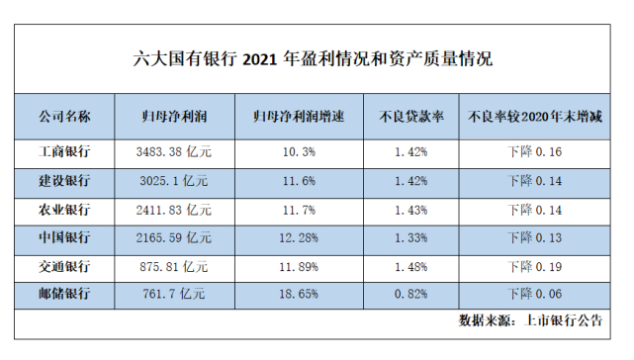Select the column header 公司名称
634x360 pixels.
click(x=65, y=117)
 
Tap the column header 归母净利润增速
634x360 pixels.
click(x=299, y=117)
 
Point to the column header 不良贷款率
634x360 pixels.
click(x=409, y=117)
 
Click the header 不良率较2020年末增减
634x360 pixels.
click(x=535, y=117)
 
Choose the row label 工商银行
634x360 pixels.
click(x=65, y=152)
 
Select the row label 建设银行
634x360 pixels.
click(x=65, y=181)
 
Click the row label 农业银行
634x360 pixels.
click(x=65, y=210)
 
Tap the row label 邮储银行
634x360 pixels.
click(x=65, y=294)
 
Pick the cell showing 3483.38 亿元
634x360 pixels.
click(x=174, y=152)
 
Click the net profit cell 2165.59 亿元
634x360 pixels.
click(x=174, y=238)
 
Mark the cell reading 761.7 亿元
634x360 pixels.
click(x=174, y=294)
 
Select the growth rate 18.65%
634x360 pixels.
click(x=299, y=294)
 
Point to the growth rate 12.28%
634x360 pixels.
click(x=299, y=238)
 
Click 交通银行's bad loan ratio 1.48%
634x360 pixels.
click(x=409, y=266)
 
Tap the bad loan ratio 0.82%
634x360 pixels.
click(x=409, y=294)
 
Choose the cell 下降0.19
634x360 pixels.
click(x=535, y=266)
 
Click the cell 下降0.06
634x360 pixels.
click(x=535, y=294)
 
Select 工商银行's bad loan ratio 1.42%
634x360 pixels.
click(x=409, y=152)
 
